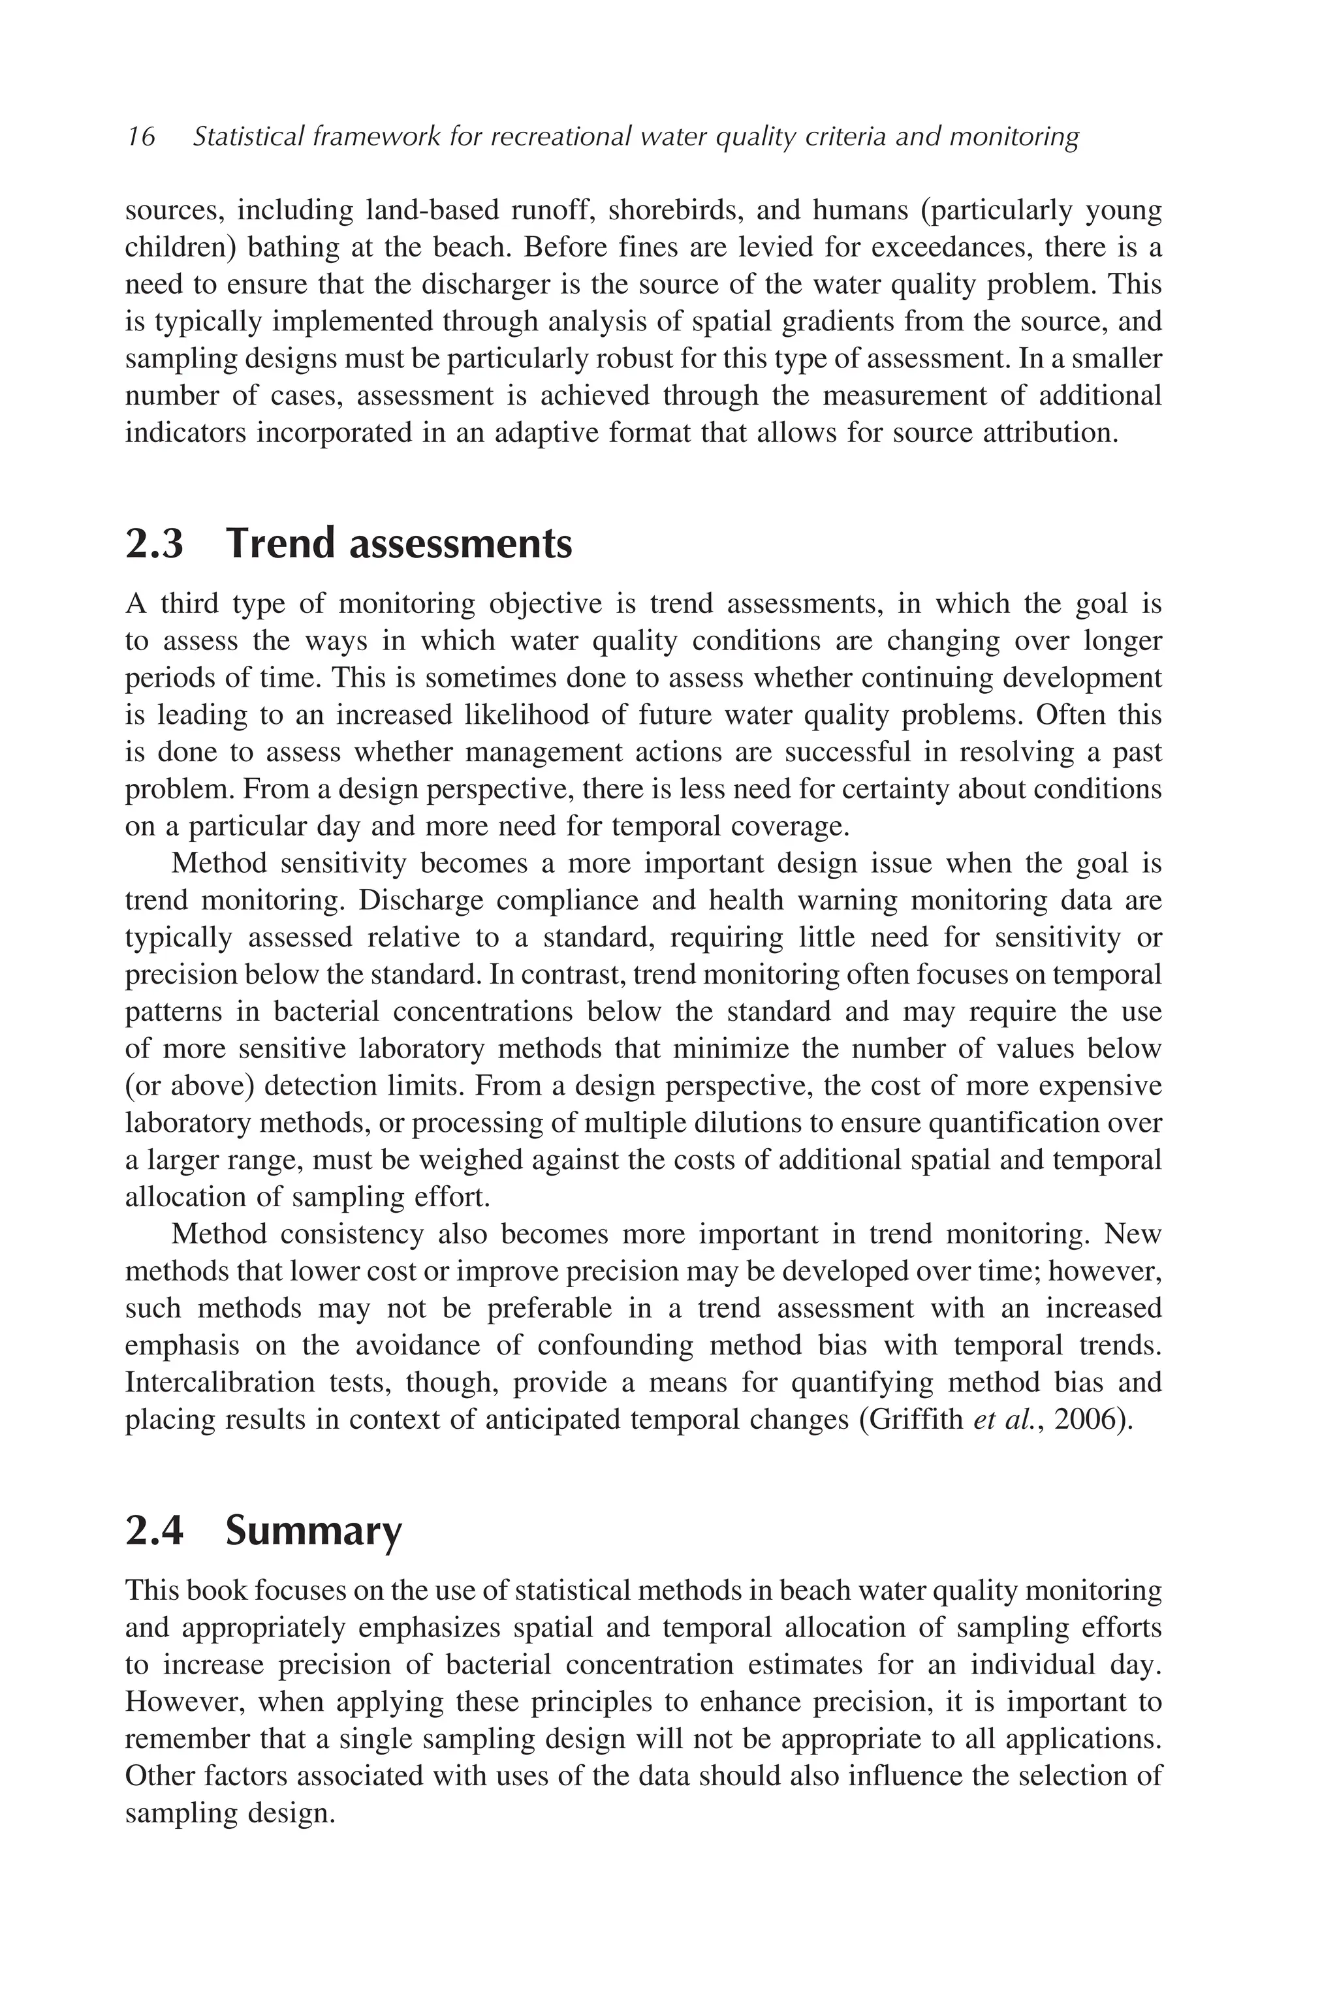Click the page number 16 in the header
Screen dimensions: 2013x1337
pos(141,136)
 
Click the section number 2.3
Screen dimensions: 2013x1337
pos(154,544)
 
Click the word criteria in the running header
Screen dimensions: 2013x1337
pos(839,136)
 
